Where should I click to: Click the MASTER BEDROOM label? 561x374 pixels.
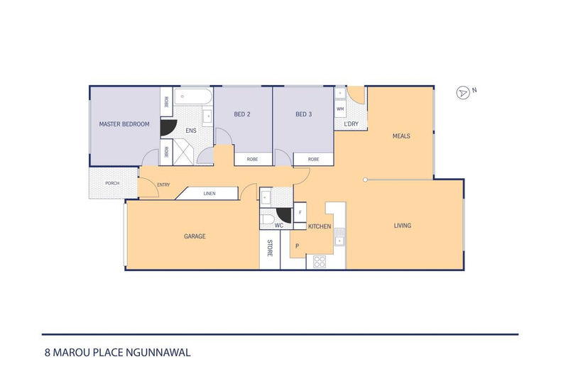point(124,124)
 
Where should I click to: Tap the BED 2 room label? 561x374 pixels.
point(242,114)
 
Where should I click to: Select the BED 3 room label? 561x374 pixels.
point(304,114)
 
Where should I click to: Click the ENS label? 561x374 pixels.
point(190,131)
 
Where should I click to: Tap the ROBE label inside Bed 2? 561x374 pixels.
point(252,160)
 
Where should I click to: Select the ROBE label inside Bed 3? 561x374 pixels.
point(313,160)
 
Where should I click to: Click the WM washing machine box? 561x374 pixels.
point(340,109)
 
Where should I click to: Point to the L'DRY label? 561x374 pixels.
point(351,124)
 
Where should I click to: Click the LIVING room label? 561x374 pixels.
point(403,226)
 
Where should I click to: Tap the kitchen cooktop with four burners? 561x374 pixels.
point(320,260)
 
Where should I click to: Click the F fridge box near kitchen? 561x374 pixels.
point(300,212)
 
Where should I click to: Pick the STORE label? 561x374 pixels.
point(270,248)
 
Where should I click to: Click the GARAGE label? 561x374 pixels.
point(194,236)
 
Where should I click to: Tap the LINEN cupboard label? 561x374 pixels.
point(209,193)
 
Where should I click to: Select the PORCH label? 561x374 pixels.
point(111,183)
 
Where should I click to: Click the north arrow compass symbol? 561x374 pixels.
point(464,92)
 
